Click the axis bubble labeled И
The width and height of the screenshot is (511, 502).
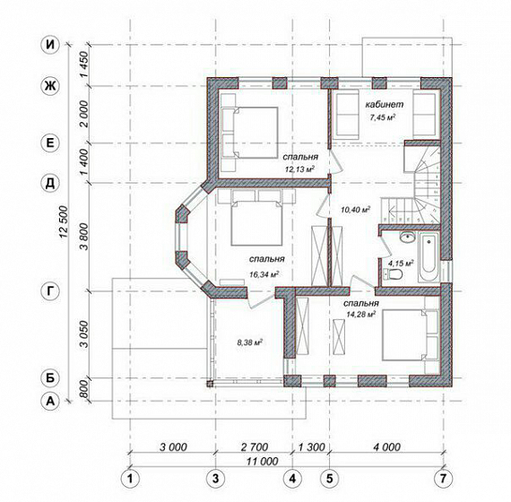[50, 44]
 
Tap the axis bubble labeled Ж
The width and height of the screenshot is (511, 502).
[50, 86]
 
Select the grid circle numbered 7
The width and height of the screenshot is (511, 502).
[443, 479]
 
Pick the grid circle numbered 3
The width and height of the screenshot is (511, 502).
[216, 479]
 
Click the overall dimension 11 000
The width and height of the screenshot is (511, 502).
[263, 462]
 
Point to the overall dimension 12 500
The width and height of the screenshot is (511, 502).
[64, 222]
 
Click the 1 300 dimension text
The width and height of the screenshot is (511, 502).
[312, 447]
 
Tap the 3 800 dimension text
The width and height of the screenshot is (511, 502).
[84, 237]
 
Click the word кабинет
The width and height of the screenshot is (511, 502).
[384, 104]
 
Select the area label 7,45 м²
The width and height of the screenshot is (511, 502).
[383, 117]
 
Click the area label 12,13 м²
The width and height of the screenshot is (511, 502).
[300, 169]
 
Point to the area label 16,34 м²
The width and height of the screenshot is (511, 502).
[264, 274]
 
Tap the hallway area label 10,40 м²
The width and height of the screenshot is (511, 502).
[356, 210]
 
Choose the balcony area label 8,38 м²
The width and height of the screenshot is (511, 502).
[250, 342]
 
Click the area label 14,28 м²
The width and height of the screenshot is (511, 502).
[361, 315]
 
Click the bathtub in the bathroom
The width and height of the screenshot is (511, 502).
[429, 257]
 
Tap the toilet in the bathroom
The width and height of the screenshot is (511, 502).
[393, 274]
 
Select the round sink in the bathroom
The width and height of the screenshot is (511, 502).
[407, 237]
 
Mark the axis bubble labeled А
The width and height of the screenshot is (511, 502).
[50, 401]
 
